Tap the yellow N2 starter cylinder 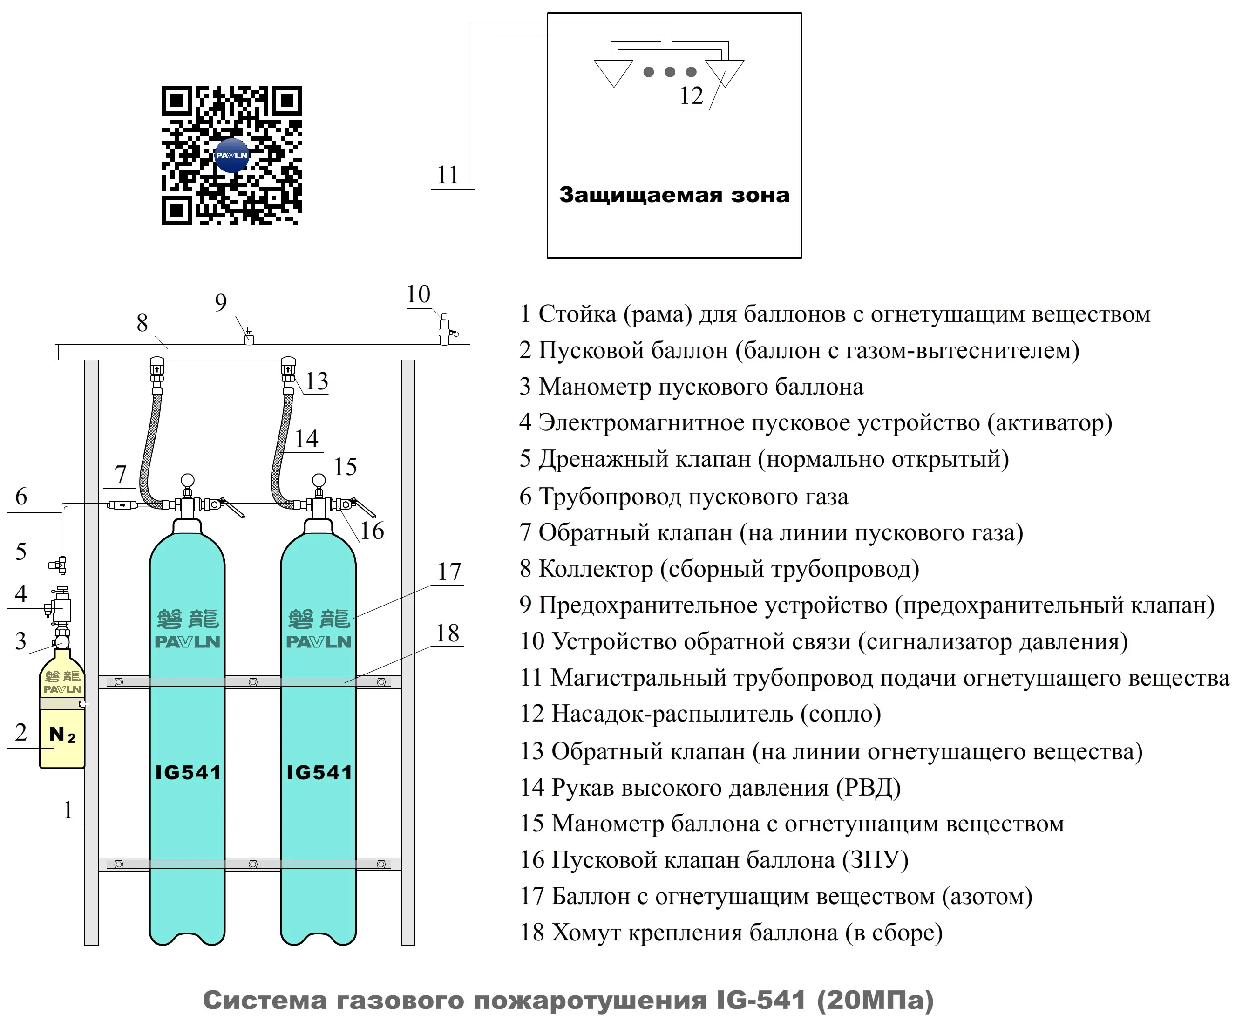(62, 720)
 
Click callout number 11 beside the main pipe (448, 175)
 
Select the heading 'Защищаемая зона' (674, 195)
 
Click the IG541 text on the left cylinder (187, 772)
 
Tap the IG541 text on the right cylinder (319, 772)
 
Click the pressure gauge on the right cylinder (319, 479)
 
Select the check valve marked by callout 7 (122, 505)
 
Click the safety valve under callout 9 (249, 336)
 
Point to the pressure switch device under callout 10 (445, 329)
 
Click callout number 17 (449, 572)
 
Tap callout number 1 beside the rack (68, 810)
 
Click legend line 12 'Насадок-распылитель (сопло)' (700, 714)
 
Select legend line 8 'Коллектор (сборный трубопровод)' (719, 569)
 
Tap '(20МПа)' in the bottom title (874, 1001)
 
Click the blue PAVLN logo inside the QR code (231, 155)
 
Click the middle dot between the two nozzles (670, 72)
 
